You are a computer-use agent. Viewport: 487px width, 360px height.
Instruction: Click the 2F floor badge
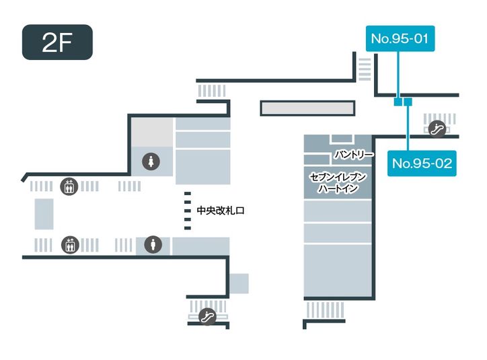pyautogui.click(x=57, y=42)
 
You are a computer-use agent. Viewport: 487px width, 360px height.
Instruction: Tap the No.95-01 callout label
pyautogui.click(x=400, y=39)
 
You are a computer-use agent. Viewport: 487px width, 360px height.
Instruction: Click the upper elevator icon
pyautogui.click(x=69, y=186)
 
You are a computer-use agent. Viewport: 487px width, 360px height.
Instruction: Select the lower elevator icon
pyautogui.click(x=69, y=245)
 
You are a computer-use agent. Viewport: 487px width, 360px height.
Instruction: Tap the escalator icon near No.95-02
pyautogui.click(x=437, y=126)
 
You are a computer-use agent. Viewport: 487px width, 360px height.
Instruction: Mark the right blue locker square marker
pyautogui.click(x=408, y=102)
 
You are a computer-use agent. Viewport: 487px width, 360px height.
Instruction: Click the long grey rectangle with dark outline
pyautogui.click(x=307, y=108)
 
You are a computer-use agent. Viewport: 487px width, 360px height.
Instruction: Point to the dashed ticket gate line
pyautogui.click(x=188, y=211)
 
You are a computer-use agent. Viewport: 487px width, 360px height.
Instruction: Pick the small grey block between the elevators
pyautogui.click(x=44, y=214)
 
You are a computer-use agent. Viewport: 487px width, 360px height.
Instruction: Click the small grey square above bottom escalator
pyautogui.click(x=238, y=283)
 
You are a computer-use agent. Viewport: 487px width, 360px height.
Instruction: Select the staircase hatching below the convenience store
pyautogui.click(x=325, y=310)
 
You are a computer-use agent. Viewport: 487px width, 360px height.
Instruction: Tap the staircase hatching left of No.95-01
pyautogui.click(x=364, y=68)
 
